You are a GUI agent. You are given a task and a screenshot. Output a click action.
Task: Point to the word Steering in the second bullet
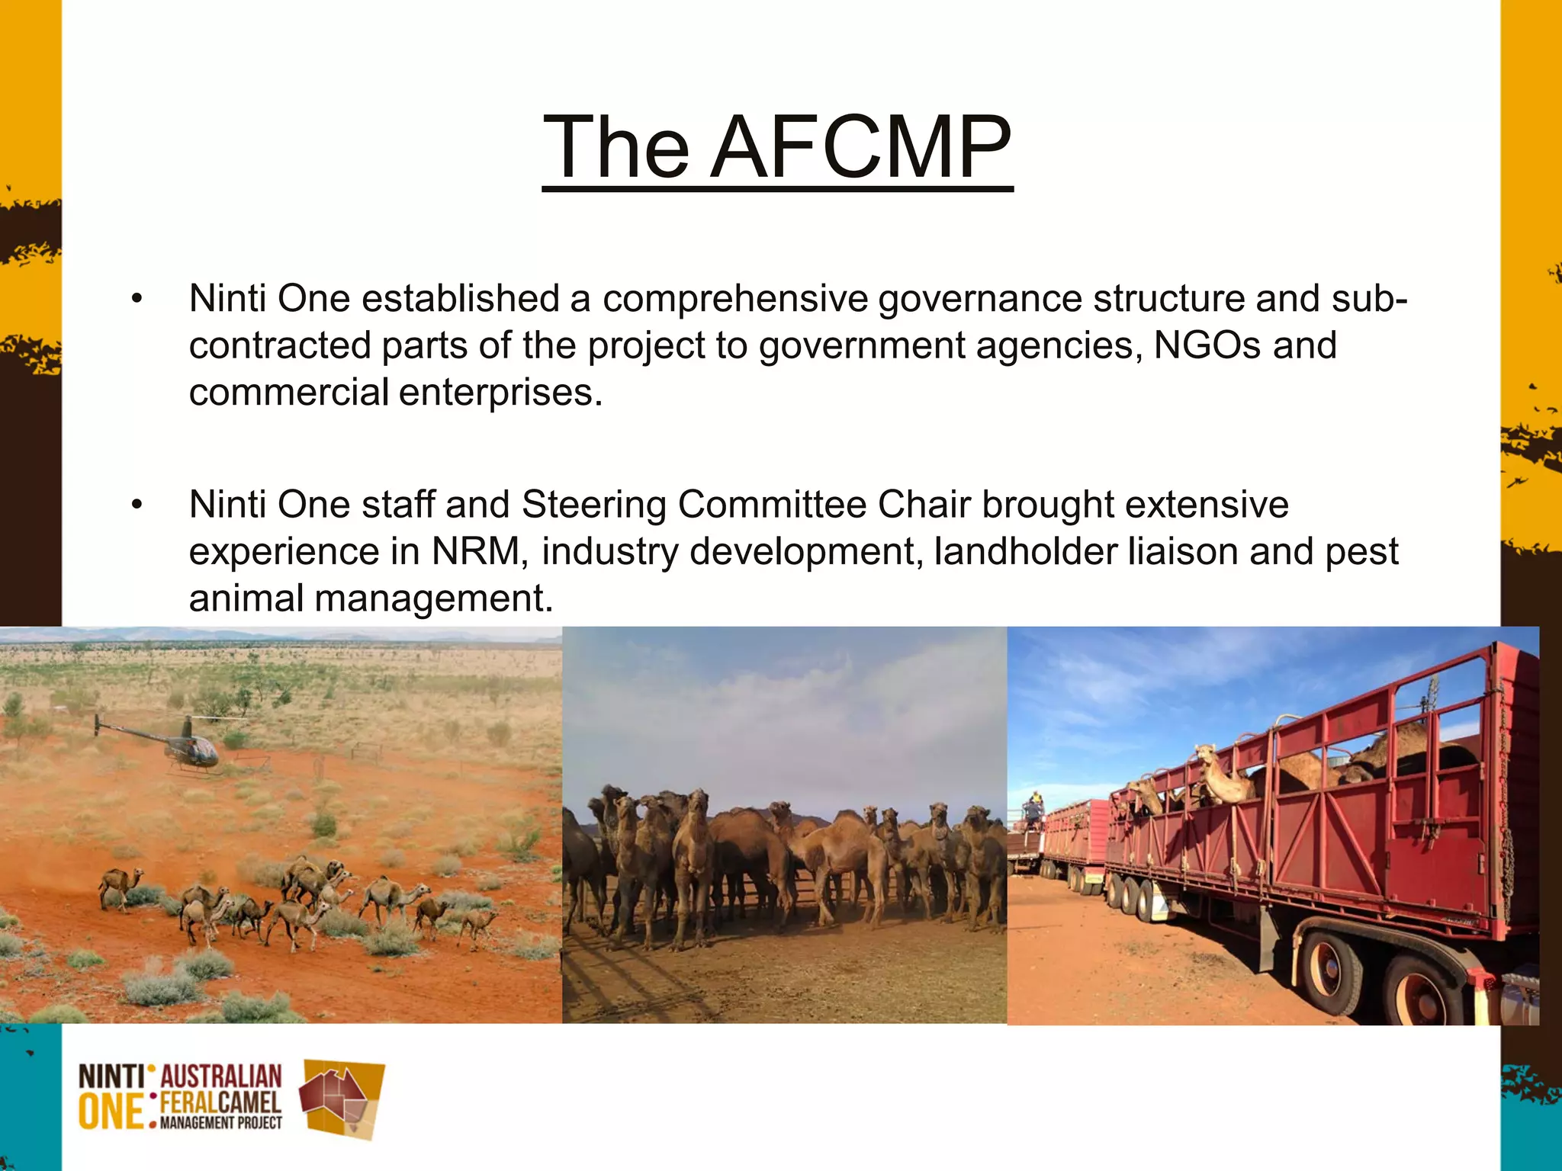(x=594, y=505)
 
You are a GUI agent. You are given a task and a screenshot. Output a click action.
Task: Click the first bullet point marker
(x=137, y=299)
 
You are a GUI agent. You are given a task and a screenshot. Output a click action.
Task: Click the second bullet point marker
(x=137, y=505)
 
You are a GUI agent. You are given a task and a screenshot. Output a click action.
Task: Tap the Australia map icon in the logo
(x=341, y=1098)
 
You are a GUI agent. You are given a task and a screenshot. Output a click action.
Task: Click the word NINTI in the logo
(x=111, y=1078)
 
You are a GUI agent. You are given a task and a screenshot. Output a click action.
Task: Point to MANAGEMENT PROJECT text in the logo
(x=221, y=1123)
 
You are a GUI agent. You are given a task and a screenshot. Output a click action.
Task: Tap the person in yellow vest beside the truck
(x=1033, y=808)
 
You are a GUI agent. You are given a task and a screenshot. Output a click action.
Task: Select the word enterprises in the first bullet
(x=500, y=393)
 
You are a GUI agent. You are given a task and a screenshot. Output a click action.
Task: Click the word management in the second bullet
(x=432, y=598)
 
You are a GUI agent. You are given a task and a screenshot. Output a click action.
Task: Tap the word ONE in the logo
(x=111, y=1112)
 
